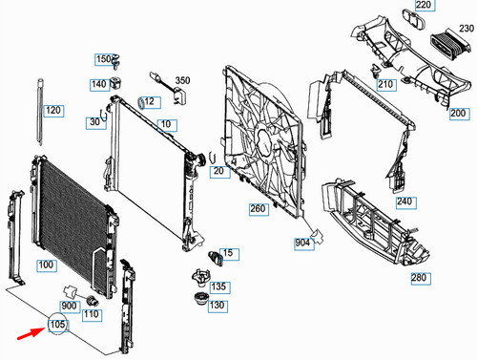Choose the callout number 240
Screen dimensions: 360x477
click(404, 201)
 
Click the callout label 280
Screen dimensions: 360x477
click(420, 279)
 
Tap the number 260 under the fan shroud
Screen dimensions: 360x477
click(259, 208)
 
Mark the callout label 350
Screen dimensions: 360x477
click(182, 81)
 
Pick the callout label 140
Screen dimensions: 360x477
click(99, 84)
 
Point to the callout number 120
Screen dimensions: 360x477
click(53, 111)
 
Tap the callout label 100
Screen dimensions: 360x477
click(46, 264)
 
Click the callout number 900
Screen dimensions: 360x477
click(68, 306)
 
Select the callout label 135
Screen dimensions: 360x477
click(218, 286)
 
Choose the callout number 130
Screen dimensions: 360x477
click(218, 306)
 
